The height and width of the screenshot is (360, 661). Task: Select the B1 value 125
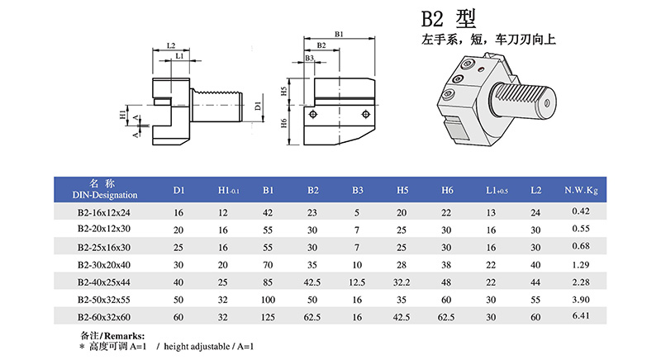pyautogui.click(x=268, y=316)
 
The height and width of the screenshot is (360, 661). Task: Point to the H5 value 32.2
pyautogui.click(x=402, y=282)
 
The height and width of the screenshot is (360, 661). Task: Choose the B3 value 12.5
pyautogui.click(x=357, y=282)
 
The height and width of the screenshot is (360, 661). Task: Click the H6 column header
pyautogui.click(x=447, y=191)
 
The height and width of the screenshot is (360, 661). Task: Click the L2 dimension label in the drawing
pyautogui.click(x=170, y=45)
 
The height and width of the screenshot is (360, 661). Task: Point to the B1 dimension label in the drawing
pyautogui.click(x=339, y=34)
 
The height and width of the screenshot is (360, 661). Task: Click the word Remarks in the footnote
pyautogui.click(x=124, y=336)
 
